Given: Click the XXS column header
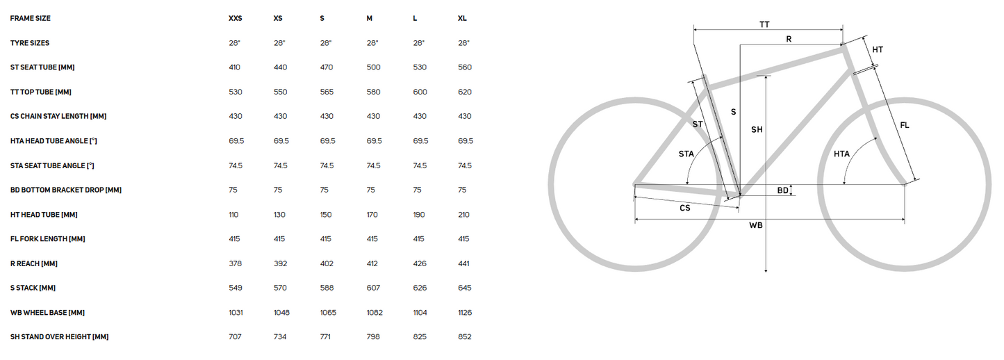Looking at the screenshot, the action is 236,18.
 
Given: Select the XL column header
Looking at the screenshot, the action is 462,18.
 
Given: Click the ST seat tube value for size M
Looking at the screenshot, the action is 373,67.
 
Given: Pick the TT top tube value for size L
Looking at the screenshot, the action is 420,92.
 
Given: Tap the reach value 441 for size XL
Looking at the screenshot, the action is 464,263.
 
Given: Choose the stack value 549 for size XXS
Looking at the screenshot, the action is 236,288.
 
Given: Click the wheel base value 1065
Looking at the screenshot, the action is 328,313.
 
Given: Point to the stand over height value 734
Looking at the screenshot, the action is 280,336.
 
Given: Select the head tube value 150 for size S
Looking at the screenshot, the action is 326,215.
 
